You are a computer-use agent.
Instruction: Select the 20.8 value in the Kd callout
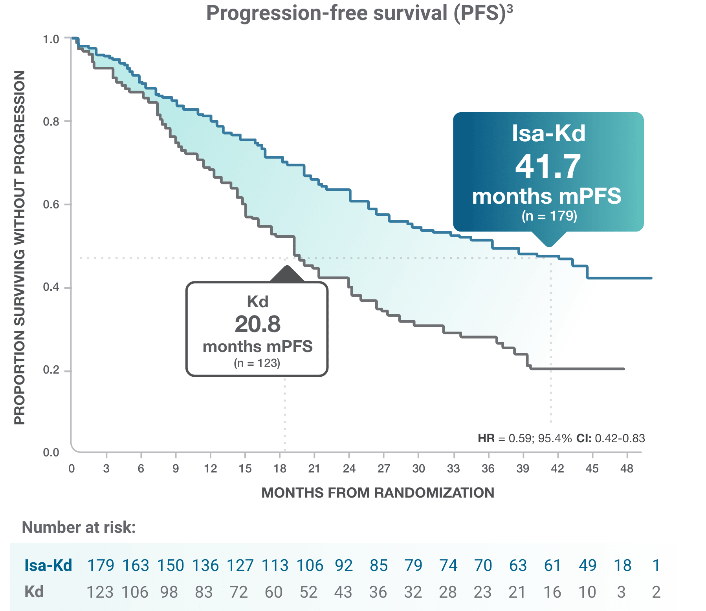(x=257, y=324)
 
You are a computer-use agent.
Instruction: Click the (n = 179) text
(x=549, y=216)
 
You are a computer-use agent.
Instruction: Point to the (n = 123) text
(x=257, y=363)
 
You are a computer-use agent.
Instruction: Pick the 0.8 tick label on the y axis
(x=51, y=122)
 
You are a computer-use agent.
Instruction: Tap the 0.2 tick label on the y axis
(x=51, y=370)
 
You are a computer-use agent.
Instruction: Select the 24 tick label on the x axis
(x=349, y=469)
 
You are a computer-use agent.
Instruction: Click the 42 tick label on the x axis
(x=557, y=469)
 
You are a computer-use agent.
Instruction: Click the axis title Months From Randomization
(x=378, y=493)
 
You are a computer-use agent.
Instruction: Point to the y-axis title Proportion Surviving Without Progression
(x=19, y=247)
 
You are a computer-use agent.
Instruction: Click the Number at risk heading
(x=79, y=528)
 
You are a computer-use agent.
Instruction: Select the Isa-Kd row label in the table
(x=48, y=565)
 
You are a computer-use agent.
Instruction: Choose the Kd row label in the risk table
(x=34, y=592)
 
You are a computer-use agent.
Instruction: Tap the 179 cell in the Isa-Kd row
(x=101, y=565)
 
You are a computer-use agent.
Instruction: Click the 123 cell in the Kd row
(x=100, y=592)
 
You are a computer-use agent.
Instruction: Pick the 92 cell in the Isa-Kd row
(x=344, y=565)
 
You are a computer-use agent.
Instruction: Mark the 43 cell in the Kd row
(x=343, y=592)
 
